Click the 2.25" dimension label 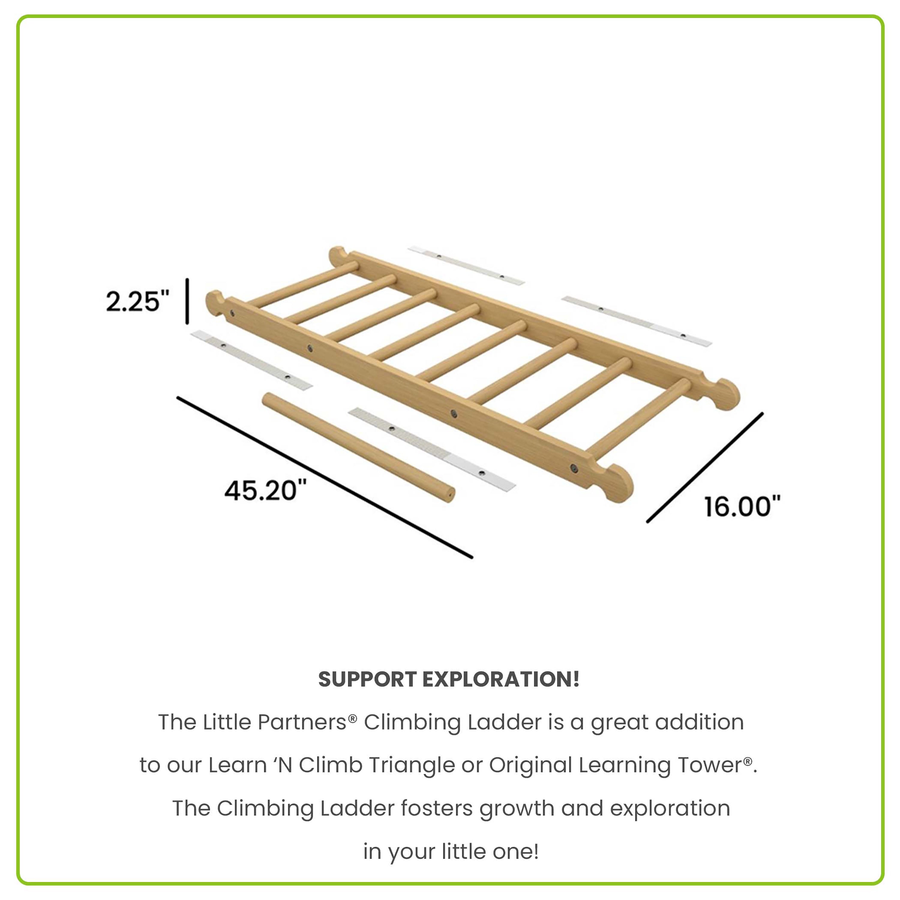tap(137, 301)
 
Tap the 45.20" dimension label tap(265, 490)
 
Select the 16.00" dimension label tap(742, 507)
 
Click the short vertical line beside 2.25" tap(187, 301)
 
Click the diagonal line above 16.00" tap(705, 467)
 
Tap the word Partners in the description tap(302, 722)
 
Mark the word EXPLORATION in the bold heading tap(501, 679)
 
